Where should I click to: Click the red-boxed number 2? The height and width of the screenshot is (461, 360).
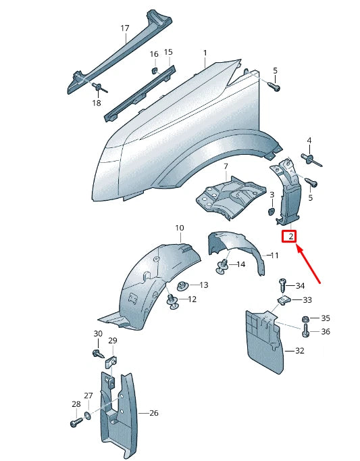click(290, 237)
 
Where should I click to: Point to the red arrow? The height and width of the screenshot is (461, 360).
click(311, 264)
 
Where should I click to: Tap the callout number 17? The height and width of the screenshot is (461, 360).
click(124, 28)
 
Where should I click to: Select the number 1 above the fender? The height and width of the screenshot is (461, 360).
click(205, 52)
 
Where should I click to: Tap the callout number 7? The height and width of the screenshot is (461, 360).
click(226, 166)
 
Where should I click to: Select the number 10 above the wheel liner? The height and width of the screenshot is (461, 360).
click(180, 228)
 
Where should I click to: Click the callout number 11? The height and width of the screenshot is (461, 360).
click(274, 256)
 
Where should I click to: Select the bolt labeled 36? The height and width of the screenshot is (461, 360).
click(305, 331)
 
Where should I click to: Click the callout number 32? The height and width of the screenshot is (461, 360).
click(300, 351)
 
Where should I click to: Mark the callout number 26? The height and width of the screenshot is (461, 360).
click(153, 412)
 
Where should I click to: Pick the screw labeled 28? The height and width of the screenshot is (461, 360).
click(75, 422)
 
